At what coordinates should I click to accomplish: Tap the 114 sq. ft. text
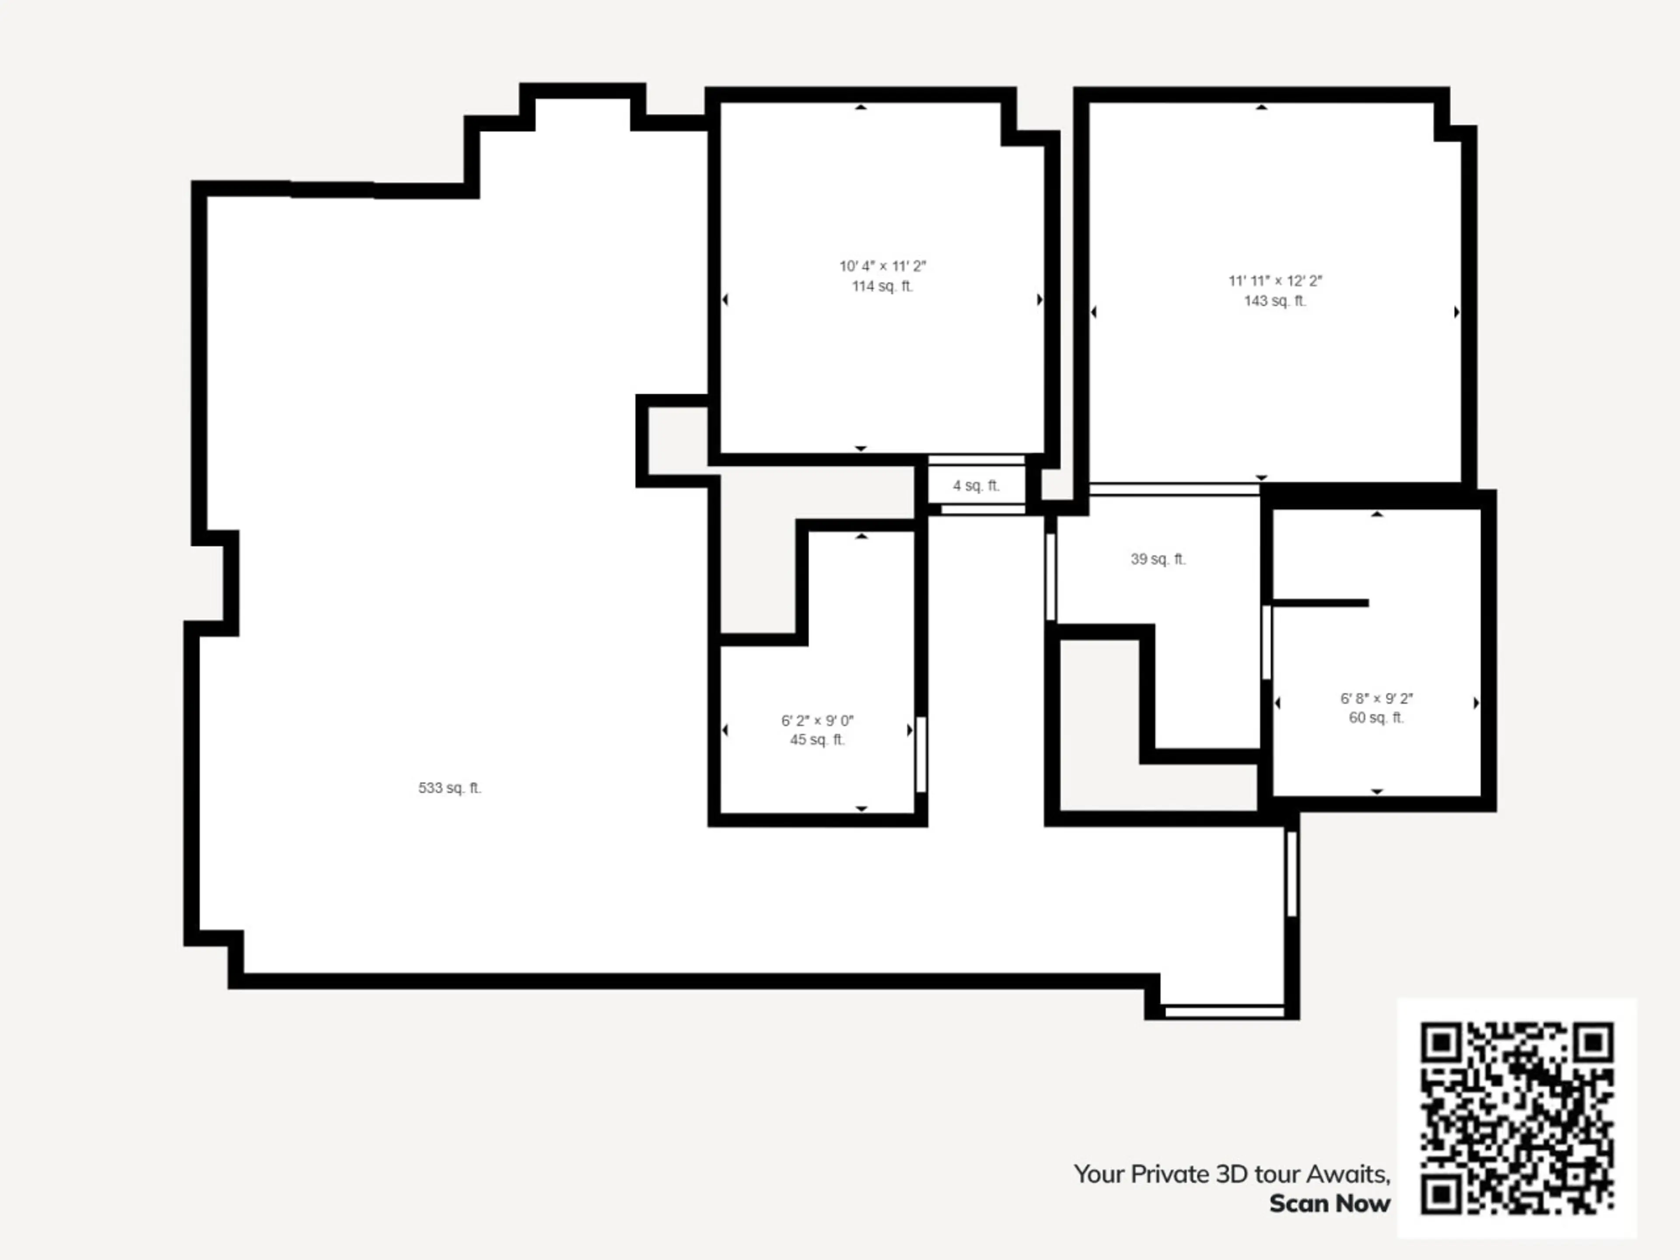[882, 286]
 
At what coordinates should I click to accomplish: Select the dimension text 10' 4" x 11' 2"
[882, 266]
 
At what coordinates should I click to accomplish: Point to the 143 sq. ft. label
[1275, 301]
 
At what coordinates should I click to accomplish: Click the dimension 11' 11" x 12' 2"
[1275, 281]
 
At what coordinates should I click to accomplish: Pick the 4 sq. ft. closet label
[976, 485]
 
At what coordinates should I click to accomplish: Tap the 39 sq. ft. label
[1158, 559]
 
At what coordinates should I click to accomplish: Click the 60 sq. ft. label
[1376, 718]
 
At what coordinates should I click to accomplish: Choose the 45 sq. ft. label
[817, 740]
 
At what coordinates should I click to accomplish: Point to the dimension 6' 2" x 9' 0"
[817, 721]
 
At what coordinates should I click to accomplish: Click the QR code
[1517, 1118]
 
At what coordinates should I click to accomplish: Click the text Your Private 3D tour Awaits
[1232, 1174]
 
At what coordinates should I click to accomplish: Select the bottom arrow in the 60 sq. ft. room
[1377, 791]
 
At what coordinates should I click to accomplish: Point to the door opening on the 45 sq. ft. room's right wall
[920, 754]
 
